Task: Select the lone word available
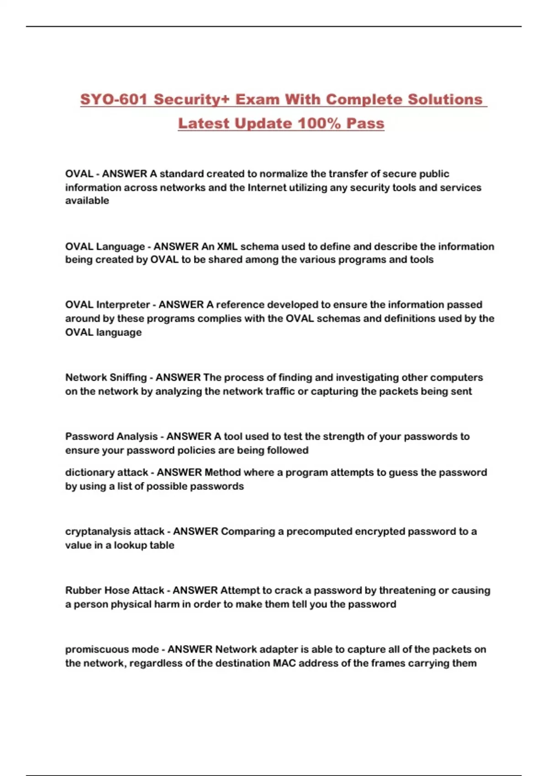click(87, 201)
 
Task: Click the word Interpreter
click(122, 305)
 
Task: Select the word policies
click(196, 450)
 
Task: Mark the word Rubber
click(83, 590)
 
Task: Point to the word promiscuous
click(92, 649)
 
